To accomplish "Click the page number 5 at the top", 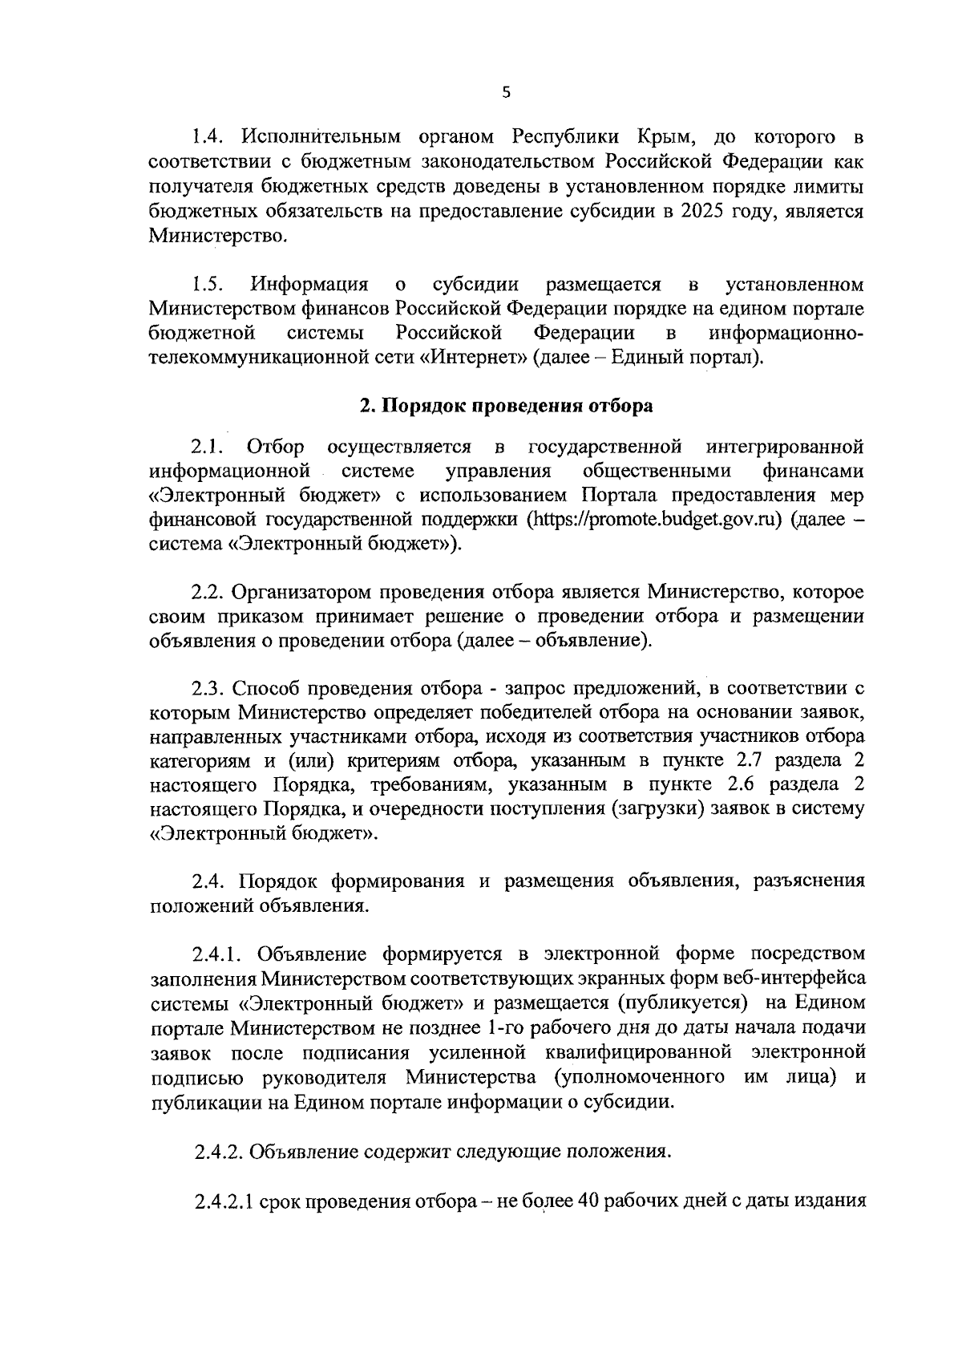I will coord(505,92).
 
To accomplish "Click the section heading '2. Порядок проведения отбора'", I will coord(506,406).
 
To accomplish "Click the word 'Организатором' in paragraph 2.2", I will coord(300,593).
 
